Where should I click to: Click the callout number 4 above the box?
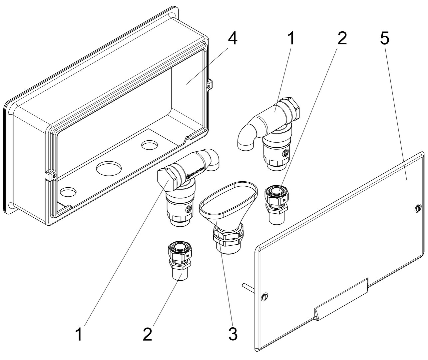[x=232, y=39]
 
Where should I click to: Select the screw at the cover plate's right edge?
[x=418, y=208]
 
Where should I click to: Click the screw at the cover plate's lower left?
[x=265, y=296]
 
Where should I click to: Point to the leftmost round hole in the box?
[x=68, y=192]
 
